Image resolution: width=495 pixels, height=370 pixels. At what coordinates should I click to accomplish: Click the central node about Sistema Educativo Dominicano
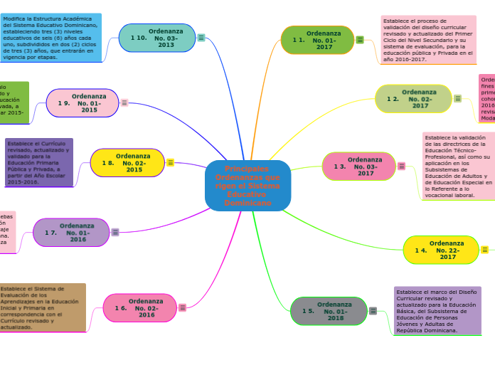[247, 186]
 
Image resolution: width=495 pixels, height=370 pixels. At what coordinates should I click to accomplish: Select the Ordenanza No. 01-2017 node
[317, 40]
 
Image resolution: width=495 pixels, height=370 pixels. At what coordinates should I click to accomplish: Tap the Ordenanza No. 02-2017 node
[413, 99]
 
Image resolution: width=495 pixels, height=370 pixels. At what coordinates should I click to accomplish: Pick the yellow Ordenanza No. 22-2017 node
[441, 250]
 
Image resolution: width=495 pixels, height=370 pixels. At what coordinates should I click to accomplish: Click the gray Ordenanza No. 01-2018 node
[328, 311]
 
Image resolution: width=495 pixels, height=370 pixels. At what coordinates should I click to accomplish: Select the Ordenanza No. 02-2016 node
[140, 308]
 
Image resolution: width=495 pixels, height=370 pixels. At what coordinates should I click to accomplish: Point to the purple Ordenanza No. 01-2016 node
[72, 233]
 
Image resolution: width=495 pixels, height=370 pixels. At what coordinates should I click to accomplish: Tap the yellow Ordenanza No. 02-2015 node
[127, 163]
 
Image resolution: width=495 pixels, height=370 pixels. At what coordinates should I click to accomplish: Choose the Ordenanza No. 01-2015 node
[82, 103]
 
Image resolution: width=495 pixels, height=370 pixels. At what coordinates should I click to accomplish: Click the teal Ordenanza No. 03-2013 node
[157, 38]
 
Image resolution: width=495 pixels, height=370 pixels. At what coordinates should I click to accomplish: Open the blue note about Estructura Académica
[51, 37]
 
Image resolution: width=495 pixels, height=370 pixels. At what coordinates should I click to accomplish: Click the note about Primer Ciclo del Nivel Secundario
[427, 40]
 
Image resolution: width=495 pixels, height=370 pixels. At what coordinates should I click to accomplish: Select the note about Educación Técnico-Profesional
[458, 166]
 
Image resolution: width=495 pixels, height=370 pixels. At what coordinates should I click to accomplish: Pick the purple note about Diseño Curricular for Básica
[437, 311]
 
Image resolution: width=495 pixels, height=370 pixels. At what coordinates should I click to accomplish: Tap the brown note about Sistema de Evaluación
[42, 307]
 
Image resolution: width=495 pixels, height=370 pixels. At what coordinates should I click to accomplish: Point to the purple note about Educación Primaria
[39, 163]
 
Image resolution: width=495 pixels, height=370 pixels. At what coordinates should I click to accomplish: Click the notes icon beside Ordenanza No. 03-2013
[202, 38]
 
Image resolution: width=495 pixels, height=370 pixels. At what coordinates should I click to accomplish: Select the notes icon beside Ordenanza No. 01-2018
[373, 311]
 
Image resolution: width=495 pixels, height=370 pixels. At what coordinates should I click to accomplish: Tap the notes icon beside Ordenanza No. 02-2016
[183, 307]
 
